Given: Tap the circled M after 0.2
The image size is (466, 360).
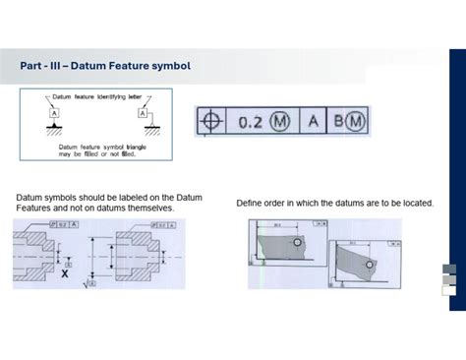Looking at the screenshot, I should coord(280,122).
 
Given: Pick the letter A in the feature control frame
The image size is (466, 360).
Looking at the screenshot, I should coord(314,122).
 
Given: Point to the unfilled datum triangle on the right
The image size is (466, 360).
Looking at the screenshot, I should coord(145,126).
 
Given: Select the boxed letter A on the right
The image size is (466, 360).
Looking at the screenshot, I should coord(145,114).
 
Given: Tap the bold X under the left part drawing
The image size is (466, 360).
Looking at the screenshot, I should coord(65,273).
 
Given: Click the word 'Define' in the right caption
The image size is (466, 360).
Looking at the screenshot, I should coord(250,203).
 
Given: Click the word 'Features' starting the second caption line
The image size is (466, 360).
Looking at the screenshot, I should coord(34,209).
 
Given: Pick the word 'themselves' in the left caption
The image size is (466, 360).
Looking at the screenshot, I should coord(150,209).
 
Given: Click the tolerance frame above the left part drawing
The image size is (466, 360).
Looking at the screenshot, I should coord(59,225).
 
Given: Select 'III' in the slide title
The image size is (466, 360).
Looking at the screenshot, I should coord(59,66).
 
